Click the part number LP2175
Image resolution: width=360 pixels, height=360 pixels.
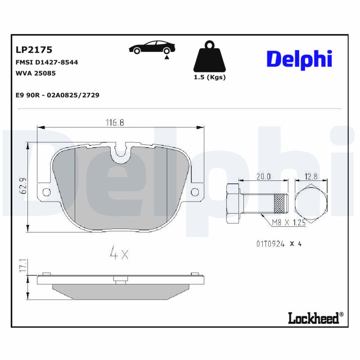[34, 49]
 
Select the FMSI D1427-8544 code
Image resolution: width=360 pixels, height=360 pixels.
[47, 62]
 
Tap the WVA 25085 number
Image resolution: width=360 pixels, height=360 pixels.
[36, 73]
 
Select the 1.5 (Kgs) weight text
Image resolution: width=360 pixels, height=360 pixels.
[209, 77]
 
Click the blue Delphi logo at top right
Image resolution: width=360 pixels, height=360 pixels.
[299, 59]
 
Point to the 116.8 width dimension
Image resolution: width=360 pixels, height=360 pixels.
[115, 122]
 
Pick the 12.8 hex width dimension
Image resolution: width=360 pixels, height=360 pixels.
[311, 176]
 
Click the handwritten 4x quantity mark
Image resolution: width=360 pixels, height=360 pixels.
[119, 254]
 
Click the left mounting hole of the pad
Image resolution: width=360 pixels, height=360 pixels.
[45, 192]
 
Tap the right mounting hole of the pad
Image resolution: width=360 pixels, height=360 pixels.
[195, 192]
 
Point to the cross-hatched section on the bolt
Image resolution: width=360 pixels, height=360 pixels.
[280, 204]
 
